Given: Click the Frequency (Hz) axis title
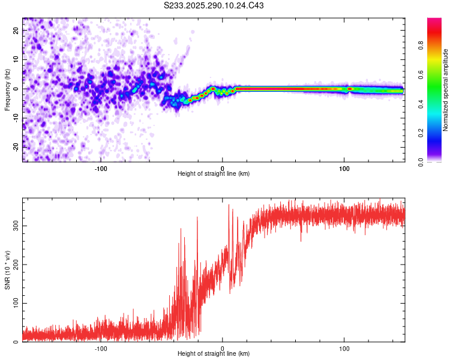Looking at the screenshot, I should (x=8, y=89).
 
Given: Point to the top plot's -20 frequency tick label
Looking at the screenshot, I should (x=16, y=147).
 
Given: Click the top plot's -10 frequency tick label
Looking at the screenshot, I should (x=16, y=118).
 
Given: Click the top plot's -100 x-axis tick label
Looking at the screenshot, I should (x=100, y=169).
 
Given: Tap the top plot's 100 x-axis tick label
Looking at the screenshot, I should (x=344, y=169).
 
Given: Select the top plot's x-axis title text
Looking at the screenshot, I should (x=214, y=174).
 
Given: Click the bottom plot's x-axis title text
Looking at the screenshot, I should (x=214, y=354).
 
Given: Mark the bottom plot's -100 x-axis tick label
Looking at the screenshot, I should (x=100, y=349).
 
